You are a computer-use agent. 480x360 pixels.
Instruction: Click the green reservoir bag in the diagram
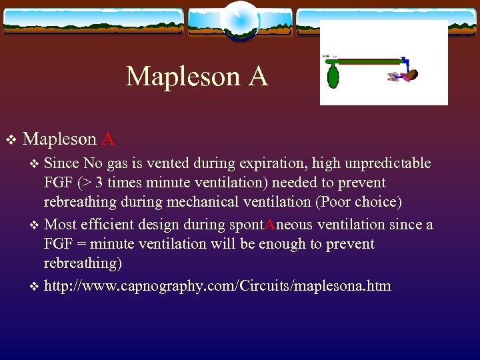(333, 75)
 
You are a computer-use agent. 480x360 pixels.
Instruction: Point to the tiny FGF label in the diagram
(326, 57)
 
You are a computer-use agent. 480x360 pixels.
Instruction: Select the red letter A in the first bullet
(108, 139)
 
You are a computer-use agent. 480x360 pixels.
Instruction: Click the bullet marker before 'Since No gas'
(35, 164)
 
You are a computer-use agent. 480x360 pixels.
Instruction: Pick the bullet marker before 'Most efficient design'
(35, 225)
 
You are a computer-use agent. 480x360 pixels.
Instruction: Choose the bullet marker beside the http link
(35, 287)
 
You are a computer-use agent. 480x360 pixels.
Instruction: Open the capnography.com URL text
(217, 286)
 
